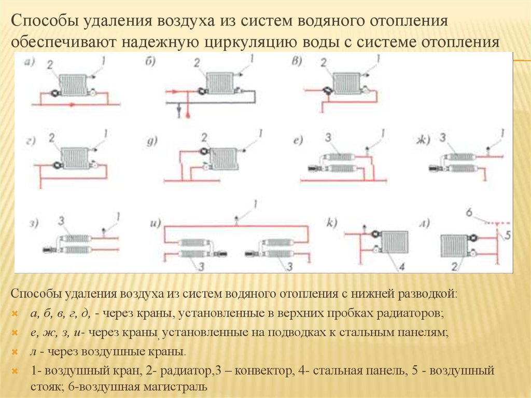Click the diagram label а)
29,64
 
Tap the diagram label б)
151,63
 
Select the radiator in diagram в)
346,83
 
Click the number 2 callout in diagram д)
204,136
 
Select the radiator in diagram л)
454,244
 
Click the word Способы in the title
43,22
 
